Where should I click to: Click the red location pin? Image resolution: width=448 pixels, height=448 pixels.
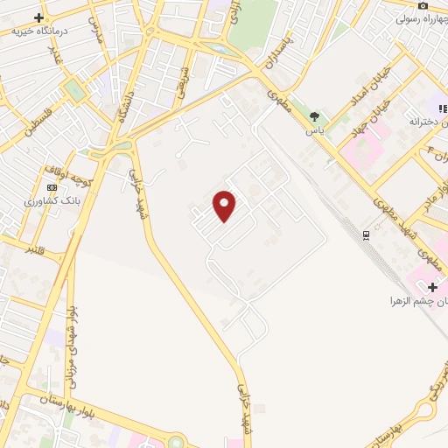tap(226, 205)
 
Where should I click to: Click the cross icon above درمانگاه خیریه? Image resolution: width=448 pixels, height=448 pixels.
tap(39, 17)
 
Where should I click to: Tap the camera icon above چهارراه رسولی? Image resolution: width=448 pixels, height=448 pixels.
tap(423, 5)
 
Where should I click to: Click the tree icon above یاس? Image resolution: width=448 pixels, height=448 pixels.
tap(314, 116)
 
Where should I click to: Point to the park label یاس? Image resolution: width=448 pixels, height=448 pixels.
tap(314, 129)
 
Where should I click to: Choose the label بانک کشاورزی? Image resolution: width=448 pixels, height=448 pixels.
tap(52, 200)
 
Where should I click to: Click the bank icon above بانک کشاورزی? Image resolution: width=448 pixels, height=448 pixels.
tap(52, 187)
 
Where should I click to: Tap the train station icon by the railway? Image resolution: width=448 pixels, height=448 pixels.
tap(366, 234)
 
